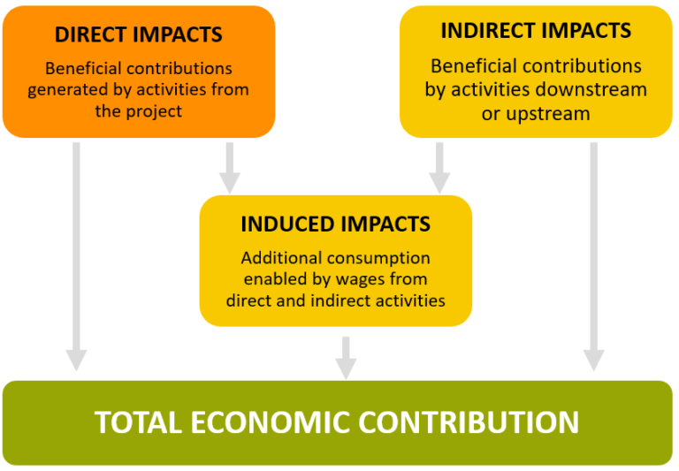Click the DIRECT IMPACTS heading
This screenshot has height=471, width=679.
point(139,35)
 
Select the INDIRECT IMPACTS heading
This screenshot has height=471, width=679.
point(536,30)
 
